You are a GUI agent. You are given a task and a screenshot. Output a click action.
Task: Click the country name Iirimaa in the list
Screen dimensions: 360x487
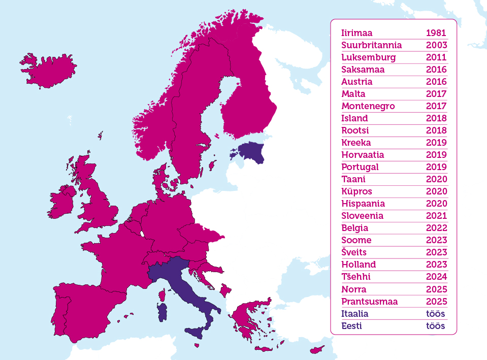tap(357, 33)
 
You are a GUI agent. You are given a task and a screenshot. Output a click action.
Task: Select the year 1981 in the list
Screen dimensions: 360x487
tap(436, 33)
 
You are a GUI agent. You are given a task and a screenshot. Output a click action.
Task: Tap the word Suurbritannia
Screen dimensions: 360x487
tap(372, 45)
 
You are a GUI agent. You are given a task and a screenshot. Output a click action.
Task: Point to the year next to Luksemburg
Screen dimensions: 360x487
tap(436, 57)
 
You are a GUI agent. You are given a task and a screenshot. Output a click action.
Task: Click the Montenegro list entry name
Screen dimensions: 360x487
tap(368, 106)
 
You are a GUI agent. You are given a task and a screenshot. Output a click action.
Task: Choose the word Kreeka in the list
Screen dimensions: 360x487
tap(356, 143)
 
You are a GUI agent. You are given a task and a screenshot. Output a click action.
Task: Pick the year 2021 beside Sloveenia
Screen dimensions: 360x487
tap(436, 216)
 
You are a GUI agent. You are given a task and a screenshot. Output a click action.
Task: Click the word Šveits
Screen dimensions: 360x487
tap(354, 252)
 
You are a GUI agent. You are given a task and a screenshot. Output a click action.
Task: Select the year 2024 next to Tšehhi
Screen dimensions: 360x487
tap(436, 277)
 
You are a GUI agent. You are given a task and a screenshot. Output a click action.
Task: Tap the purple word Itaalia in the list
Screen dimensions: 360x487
tap(355, 314)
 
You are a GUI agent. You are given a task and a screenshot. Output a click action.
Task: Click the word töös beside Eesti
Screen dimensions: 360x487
tap(435, 326)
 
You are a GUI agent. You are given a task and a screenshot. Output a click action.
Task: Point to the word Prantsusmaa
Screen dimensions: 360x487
tap(369, 302)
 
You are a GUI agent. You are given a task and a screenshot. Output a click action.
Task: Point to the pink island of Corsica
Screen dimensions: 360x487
tap(163, 295)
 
